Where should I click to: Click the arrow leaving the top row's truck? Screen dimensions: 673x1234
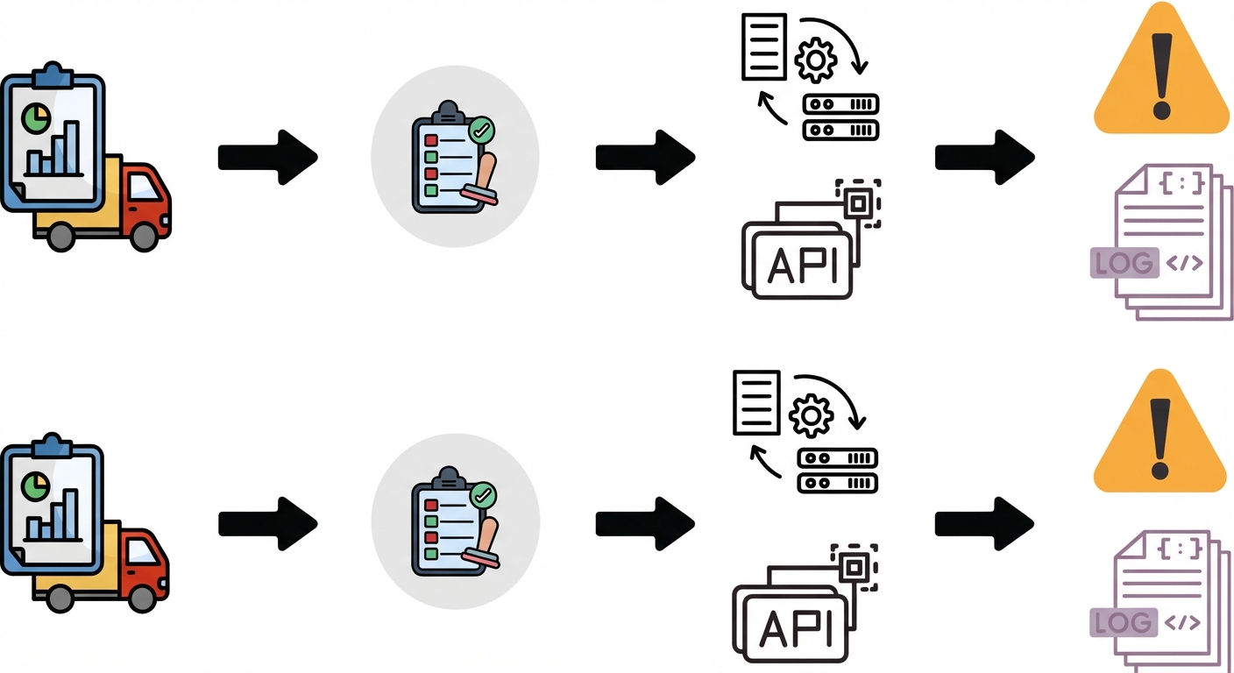pyautogui.click(x=267, y=157)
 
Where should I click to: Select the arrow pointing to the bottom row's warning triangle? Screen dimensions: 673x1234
pyautogui.click(x=984, y=523)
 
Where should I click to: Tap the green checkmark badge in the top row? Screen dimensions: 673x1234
pyautogui.click(x=481, y=131)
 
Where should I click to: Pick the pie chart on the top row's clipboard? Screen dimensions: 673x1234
pyautogui.click(x=37, y=118)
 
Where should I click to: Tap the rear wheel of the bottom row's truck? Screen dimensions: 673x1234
pyautogui.click(x=60, y=599)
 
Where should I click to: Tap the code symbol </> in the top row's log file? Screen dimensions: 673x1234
pyautogui.click(x=1183, y=263)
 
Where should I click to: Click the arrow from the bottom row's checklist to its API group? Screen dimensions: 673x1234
pyautogui.click(x=644, y=523)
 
